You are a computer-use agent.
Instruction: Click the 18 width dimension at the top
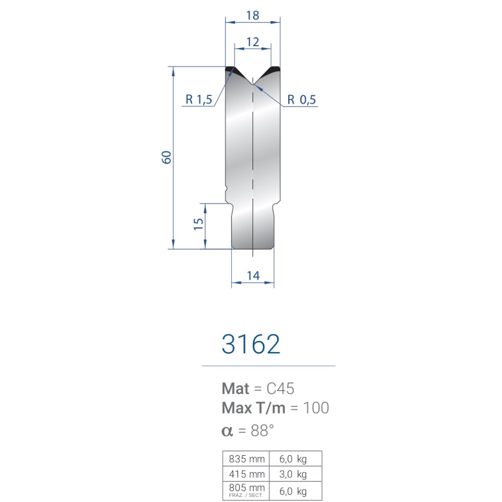pos(253,15)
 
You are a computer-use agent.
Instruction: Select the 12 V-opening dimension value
pos(253,42)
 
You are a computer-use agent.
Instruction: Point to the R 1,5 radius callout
pos(199,99)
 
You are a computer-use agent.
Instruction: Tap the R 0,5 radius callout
pos(301,99)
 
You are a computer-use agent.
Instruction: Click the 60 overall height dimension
pos(167,157)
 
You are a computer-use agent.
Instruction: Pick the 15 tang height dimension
pos(198,223)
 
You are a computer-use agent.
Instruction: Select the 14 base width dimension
pos(253,276)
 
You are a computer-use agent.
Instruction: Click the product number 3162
pos(250,344)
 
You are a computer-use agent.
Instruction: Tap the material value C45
pos(280,389)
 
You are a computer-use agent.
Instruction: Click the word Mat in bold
pos(235,389)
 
